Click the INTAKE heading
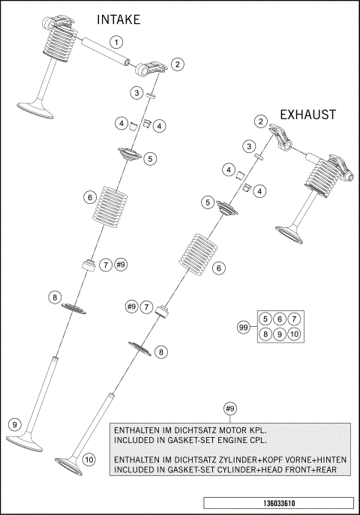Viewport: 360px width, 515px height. click(118, 20)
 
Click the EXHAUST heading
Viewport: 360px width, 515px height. click(307, 115)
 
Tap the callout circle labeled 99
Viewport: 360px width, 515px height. click(243, 327)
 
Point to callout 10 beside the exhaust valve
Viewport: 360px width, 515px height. click(89, 459)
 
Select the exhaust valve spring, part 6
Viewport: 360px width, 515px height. click(198, 254)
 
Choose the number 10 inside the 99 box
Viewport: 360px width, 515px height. click(294, 334)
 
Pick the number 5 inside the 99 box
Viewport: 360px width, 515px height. click(265, 319)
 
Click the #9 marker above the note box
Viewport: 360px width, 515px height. click(230, 409)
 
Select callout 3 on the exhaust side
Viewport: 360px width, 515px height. click(247, 145)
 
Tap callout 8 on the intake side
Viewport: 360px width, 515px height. click(55, 298)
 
